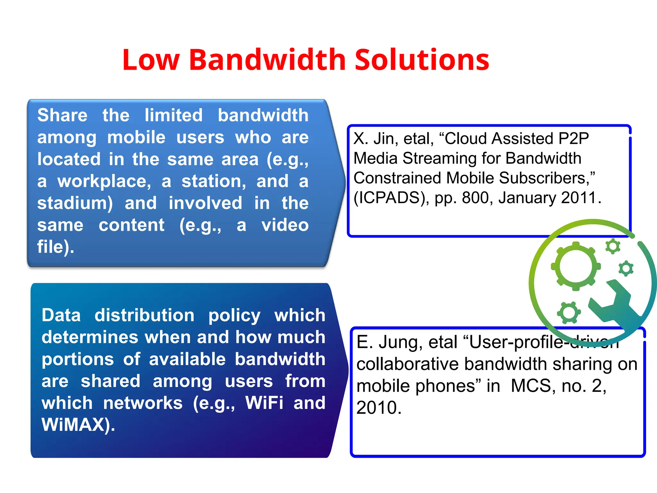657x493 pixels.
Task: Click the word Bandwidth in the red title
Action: [268, 60]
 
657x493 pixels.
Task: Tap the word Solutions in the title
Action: [422, 60]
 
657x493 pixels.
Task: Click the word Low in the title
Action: [151, 60]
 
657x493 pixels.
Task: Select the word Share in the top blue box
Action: [62, 115]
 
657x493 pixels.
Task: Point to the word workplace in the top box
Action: [104, 182]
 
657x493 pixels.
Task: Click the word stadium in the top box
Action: [75, 203]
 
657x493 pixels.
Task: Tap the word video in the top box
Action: [285, 225]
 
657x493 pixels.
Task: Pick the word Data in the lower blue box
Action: [61, 315]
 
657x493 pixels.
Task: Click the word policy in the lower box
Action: [234, 316]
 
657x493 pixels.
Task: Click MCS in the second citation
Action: [533, 386]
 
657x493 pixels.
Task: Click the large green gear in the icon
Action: [576, 266]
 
